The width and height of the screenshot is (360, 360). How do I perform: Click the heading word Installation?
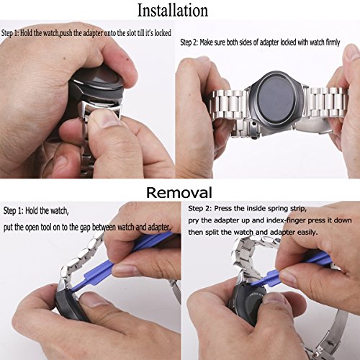tap(173, 10)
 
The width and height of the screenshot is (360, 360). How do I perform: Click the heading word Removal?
tap(179, 192)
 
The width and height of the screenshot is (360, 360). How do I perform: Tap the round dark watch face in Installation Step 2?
tap(276, 101)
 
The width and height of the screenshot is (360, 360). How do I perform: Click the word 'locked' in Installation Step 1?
tap(163, 32)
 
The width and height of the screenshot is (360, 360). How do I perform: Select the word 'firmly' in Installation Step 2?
tap(333, 42)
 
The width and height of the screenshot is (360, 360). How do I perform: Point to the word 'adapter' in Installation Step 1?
tap(93, 33)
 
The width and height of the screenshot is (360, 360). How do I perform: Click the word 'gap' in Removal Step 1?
tap(86, 228)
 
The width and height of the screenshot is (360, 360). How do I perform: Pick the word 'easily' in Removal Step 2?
tap(307, 232)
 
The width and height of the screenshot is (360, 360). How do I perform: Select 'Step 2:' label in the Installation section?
tap(189, 42)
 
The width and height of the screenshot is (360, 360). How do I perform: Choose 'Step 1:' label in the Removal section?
tap(13, 211)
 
